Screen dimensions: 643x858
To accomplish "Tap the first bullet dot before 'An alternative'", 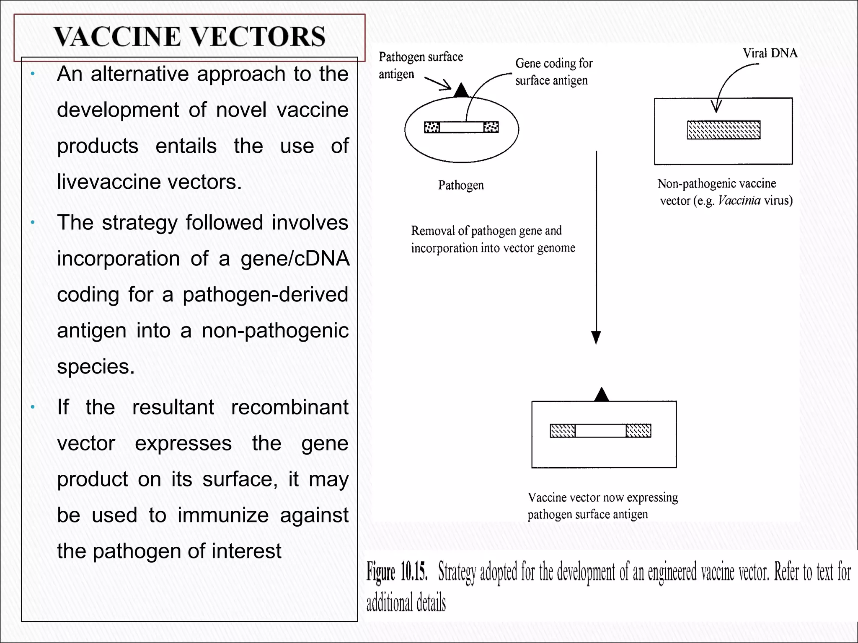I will click(33, 75).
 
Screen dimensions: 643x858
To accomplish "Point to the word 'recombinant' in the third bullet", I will click(289, 407).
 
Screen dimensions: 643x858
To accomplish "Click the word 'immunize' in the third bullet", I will click(223, 515).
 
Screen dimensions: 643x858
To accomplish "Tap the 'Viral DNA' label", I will click(770, 54).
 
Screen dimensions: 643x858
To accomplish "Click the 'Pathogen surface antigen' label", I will click(420, 65).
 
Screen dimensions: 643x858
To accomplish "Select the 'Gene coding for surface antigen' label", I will click(553, 72).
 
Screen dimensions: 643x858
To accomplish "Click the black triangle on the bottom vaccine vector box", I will click(602, 395).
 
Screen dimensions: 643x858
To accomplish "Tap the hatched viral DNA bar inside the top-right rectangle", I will click(724, 130).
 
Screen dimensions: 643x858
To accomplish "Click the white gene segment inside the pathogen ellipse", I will click(461, 127).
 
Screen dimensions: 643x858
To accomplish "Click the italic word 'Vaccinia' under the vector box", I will click(739, 201).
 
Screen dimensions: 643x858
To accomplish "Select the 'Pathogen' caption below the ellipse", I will click(461, 185).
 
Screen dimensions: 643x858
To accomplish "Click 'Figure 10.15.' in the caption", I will click(397, 572).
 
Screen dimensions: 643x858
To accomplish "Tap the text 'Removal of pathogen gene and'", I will click(486, 231).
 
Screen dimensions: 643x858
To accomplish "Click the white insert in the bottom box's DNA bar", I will click(600, 431).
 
